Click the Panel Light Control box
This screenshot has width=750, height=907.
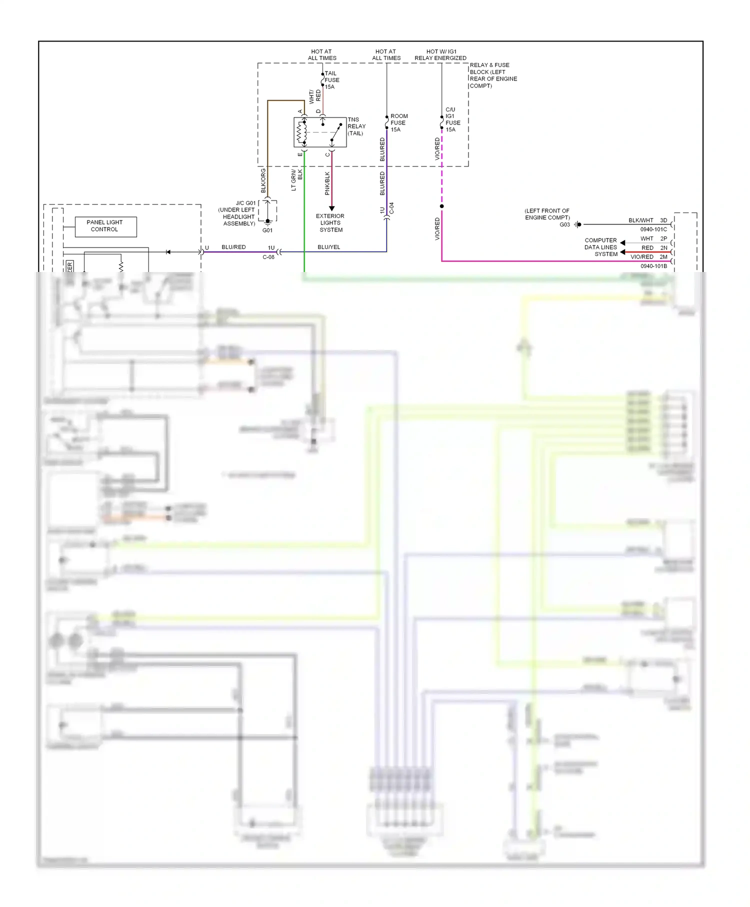105,226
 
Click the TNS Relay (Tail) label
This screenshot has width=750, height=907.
356,126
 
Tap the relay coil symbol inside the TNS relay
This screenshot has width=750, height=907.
302,132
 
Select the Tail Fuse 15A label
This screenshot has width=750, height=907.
331,80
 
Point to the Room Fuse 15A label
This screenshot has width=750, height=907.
398,122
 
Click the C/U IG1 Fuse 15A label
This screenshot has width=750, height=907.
452,119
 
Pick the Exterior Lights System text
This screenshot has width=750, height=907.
330,223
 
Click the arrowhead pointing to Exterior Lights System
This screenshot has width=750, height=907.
331,208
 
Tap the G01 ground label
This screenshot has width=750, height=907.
267,230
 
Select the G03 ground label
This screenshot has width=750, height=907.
564,224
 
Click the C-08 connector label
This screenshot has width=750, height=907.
268,257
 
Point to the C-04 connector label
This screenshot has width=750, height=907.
391,208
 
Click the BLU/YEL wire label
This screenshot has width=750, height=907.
328,247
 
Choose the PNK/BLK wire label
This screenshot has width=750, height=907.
327,183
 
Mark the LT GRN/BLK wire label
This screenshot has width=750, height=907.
296,180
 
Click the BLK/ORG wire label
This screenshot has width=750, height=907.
263,180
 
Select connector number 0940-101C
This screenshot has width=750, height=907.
653,229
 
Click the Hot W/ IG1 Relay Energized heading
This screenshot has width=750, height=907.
440,55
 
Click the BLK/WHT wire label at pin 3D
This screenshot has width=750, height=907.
640,220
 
